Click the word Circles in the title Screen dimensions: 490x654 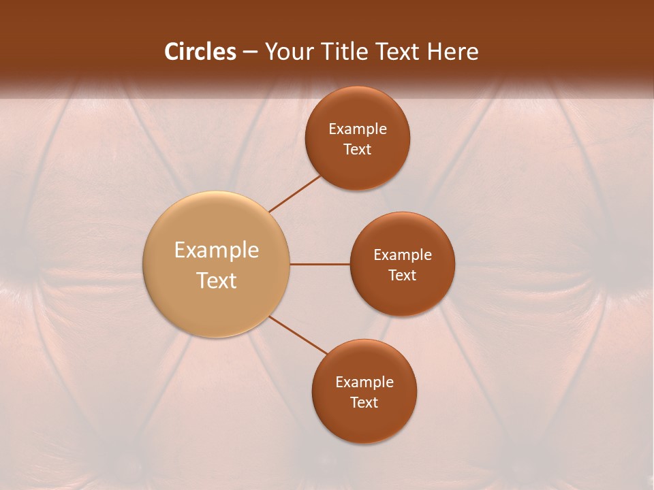[x=200, y=52]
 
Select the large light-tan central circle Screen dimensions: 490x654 [x=217, y=225]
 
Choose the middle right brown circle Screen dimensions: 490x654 [x=403, y=296]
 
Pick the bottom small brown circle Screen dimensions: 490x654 [x=364, y=422]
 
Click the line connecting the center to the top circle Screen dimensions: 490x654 [x=295, y=193]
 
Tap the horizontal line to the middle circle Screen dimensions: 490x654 [x=320, y=264]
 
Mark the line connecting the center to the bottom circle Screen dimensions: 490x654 [x=298, y=335]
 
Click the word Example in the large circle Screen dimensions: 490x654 [x=217, y=250]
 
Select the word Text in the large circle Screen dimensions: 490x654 [x=217, y=280]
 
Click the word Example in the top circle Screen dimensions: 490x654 [x=358, y=129]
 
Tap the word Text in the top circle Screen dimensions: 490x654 [x=358, y=150]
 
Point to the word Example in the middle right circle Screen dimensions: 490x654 [x=403, y=255]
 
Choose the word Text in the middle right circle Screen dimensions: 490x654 [x=403, y=276]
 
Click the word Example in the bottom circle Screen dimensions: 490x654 [x=364, y=382]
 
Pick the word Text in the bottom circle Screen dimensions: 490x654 [x=364, y=403]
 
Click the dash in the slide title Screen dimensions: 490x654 [x=250, y=52]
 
